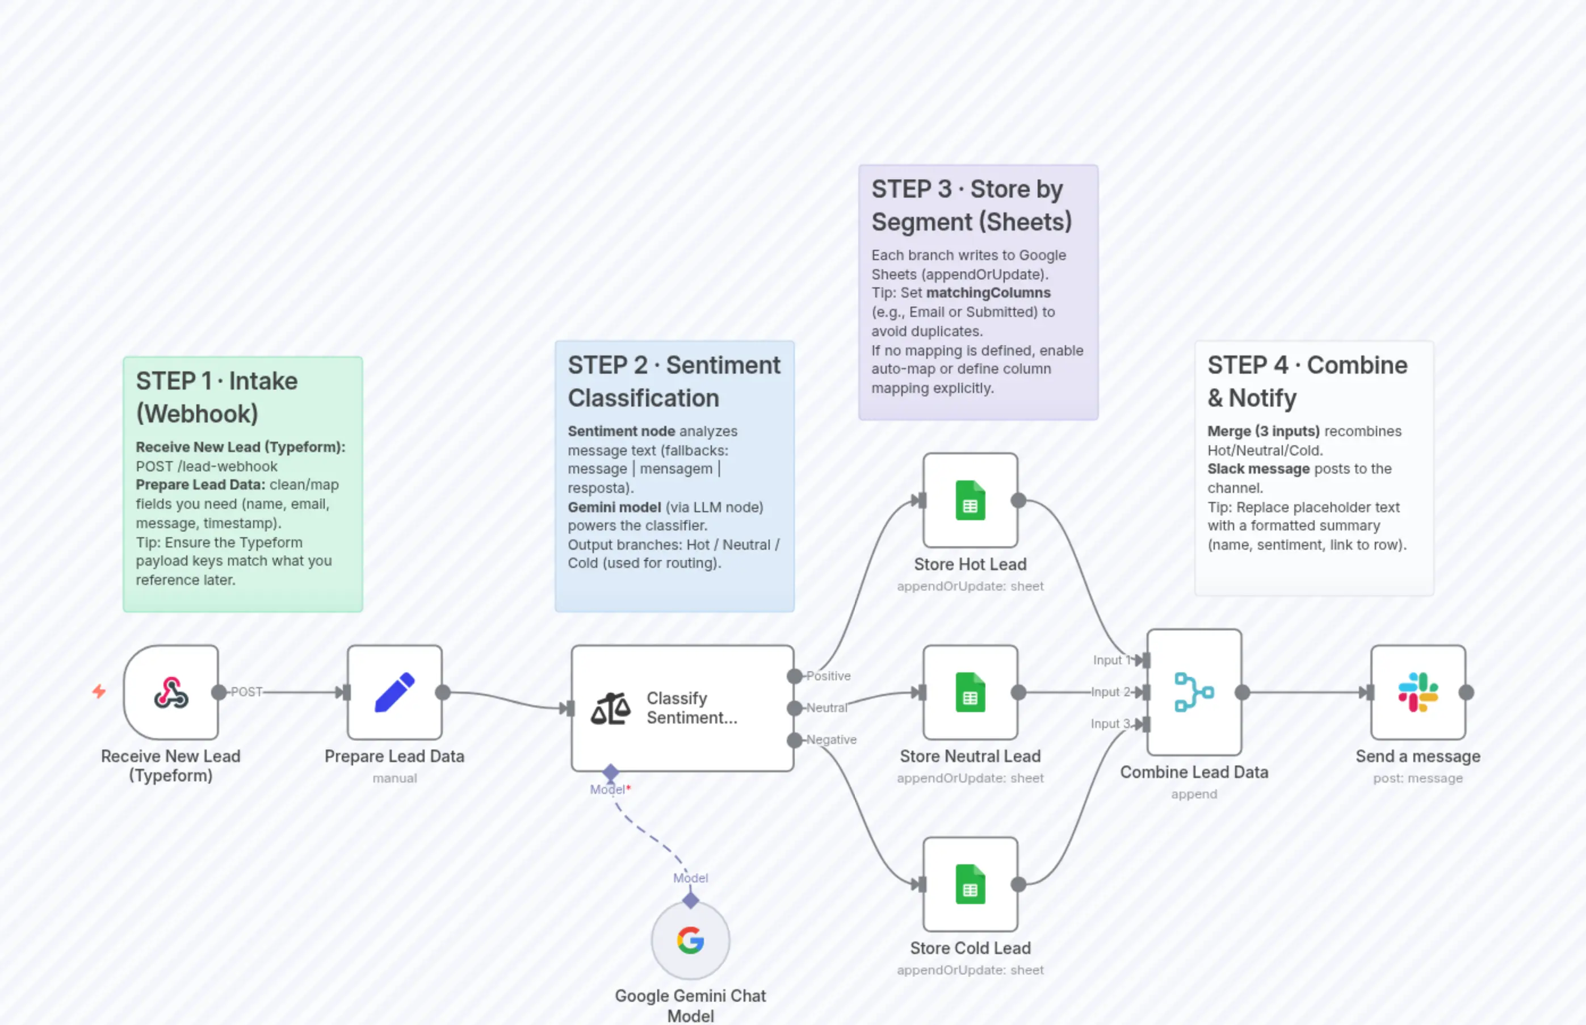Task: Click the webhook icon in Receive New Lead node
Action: click(171, 692)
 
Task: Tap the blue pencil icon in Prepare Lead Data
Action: click(395, 692)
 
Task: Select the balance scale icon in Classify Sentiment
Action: click(610, 708)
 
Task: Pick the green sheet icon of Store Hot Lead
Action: click(970, 500)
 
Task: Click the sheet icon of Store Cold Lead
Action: click(970, 884)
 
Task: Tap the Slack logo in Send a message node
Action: click(1417, 692)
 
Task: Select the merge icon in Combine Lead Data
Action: click(1194, 692)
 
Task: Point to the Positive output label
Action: click(828, 676)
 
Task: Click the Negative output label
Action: click(831, 739)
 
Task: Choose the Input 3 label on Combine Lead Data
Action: click(1110, 723)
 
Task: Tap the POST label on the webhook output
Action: click(246, 692)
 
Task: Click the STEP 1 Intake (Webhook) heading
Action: click(216, 397)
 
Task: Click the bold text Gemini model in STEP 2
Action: click(614, 507)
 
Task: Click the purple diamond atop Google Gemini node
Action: click(691, 901)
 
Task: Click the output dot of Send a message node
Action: click(1466, 692)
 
